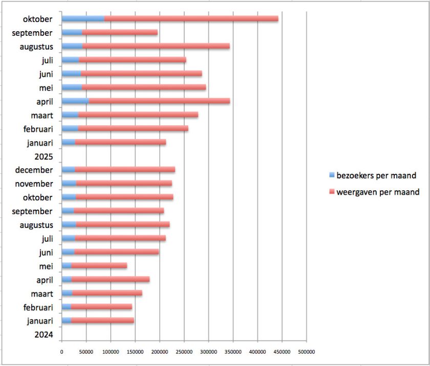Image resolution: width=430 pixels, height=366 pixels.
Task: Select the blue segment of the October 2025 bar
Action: tap(83, 19)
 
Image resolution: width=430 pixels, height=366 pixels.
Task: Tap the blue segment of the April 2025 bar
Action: tap(75, 101)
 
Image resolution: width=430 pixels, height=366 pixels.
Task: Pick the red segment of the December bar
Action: tap(125, 170)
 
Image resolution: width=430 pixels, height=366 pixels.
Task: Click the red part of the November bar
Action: tap(124, 184)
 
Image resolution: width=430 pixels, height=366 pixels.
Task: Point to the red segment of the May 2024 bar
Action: tap(99, 265)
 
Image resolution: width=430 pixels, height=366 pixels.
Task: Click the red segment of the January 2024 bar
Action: tap(102, 321)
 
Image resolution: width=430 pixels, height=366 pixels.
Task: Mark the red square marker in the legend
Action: tap(332, 192)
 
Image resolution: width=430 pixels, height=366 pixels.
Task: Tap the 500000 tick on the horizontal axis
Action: tap(306, 352)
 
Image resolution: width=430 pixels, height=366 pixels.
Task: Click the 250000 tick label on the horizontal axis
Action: tap(184, 352)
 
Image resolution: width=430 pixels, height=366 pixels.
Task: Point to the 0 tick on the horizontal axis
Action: tap(61, 352)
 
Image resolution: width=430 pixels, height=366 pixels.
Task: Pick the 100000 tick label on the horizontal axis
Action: tap(111, 352)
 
